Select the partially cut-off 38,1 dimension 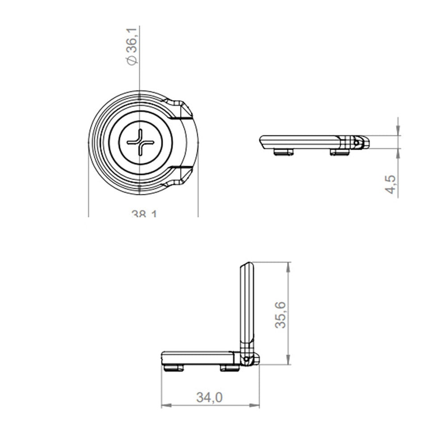click(144, 214)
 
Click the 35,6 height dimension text click(281, 314)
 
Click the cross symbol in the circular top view click(140, 142)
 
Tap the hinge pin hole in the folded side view click(356, 143)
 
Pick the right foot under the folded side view click(340, 152)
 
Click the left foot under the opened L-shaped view click(175, 368)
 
